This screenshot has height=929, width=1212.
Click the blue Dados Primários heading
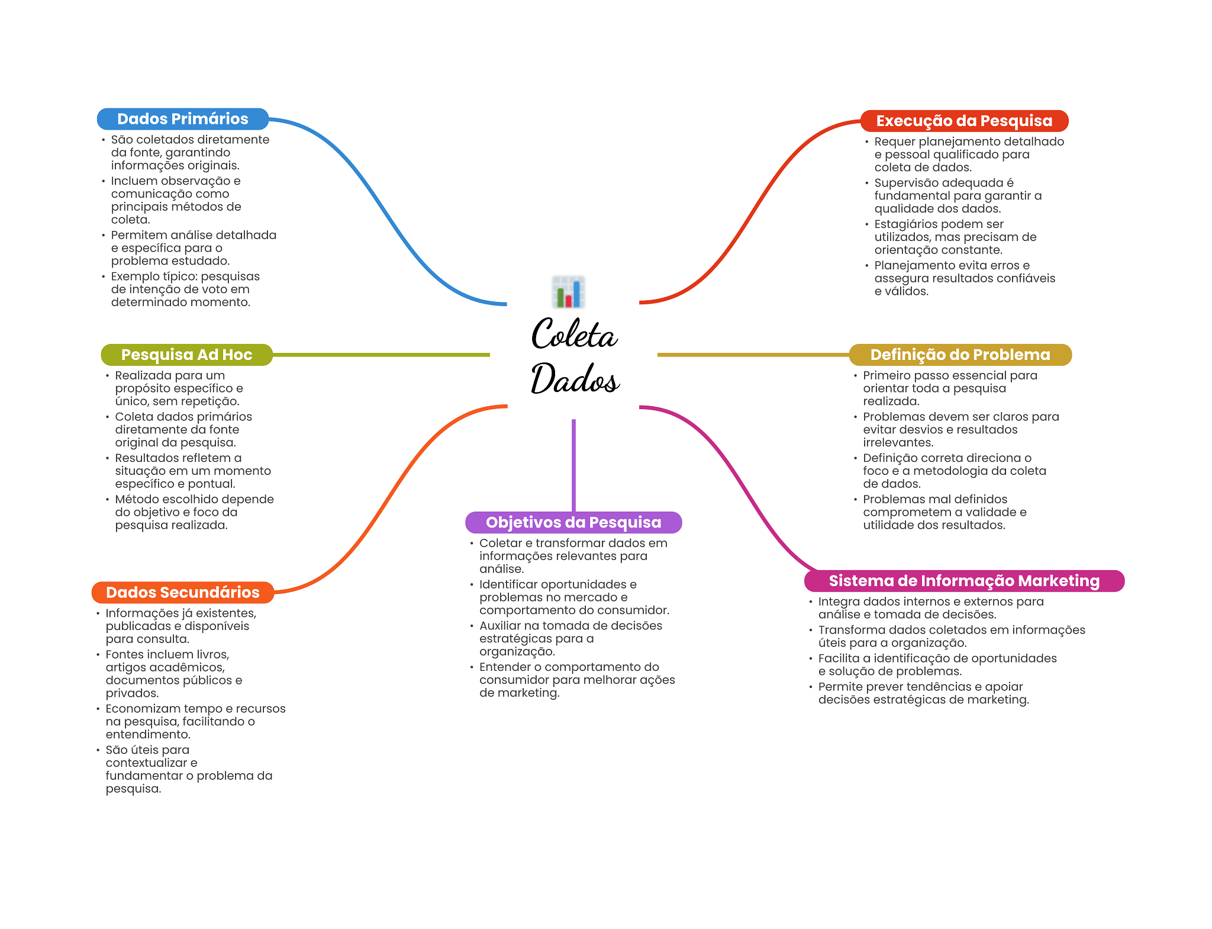tap(182, 119)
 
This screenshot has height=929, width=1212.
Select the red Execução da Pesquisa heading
tap(964, 121)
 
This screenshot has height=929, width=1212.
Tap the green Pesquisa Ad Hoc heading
tap(186, 355)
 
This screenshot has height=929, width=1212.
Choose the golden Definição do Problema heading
tap(960, 355)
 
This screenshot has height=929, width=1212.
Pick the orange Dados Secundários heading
tap(182, 593)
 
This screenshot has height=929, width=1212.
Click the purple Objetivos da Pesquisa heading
tap(573, 522)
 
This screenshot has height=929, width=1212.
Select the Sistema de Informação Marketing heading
tap(964, 581)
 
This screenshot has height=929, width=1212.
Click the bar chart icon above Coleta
tap(568, 292)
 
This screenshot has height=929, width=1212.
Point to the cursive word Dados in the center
tap(575, 378)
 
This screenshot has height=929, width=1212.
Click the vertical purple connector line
tap(573, 465)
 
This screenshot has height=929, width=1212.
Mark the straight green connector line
tap(381, 355)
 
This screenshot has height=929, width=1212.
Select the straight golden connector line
tap(753, 355)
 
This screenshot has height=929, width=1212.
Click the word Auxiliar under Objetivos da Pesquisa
tap(500, 626)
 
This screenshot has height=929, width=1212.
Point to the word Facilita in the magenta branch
tap(839, 658)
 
